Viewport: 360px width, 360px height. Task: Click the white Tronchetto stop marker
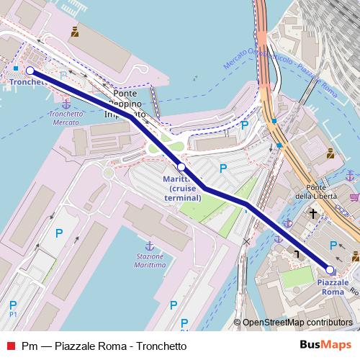point(30,71)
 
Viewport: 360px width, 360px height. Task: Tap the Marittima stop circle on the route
point(181,167)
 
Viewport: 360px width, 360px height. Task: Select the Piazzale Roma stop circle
point(330,269)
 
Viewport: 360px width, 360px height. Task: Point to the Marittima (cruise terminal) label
point(181,187)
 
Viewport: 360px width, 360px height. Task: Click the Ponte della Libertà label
point(313,190)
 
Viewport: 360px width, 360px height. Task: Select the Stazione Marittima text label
point(150,261)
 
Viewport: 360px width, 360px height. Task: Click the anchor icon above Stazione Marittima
point(150,246)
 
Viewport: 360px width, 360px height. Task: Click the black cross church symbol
point(312,213)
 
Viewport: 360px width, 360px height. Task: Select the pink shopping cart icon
point(354,194)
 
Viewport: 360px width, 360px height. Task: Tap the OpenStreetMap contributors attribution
point(296,323)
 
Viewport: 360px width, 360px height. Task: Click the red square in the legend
point(9,346)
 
